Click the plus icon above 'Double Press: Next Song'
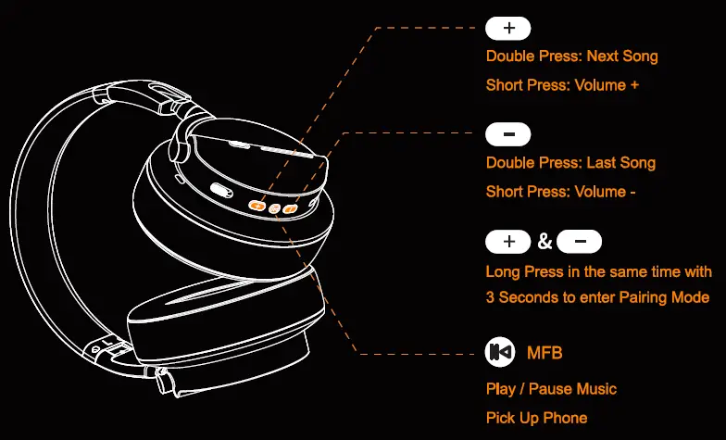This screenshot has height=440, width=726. (x=508, y=28)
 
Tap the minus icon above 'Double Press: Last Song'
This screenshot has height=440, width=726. (x=508, y=135)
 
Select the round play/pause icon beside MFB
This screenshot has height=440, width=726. (x=500, y=352)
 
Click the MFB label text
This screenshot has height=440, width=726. (x=544, y=353)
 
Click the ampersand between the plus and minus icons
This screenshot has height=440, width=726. (x=544, y=243)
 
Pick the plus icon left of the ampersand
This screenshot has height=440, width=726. (x=508, y=243)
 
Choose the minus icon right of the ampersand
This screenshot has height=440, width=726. (x=580, y=243)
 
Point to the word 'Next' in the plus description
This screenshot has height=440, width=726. (x=604, y=57)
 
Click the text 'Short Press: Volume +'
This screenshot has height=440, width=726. (x=562, y=85)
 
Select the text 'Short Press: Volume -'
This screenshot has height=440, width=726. (x=560, y=192)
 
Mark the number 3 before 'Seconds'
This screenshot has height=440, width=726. (x=491, y=297)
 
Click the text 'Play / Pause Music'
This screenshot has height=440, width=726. (x=551, y=389)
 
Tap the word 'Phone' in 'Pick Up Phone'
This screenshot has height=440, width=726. (x=566, y=418)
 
